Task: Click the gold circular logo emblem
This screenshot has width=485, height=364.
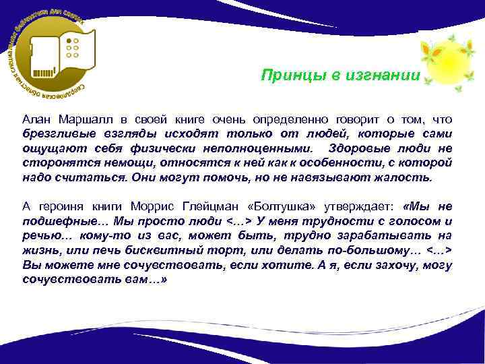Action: pyautogui.click(x=51, y=53)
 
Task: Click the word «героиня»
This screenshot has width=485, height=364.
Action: pyautogui.click(x=63, y=206)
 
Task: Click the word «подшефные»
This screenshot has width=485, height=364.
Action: pyautogui.click(x=60, y=221)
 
